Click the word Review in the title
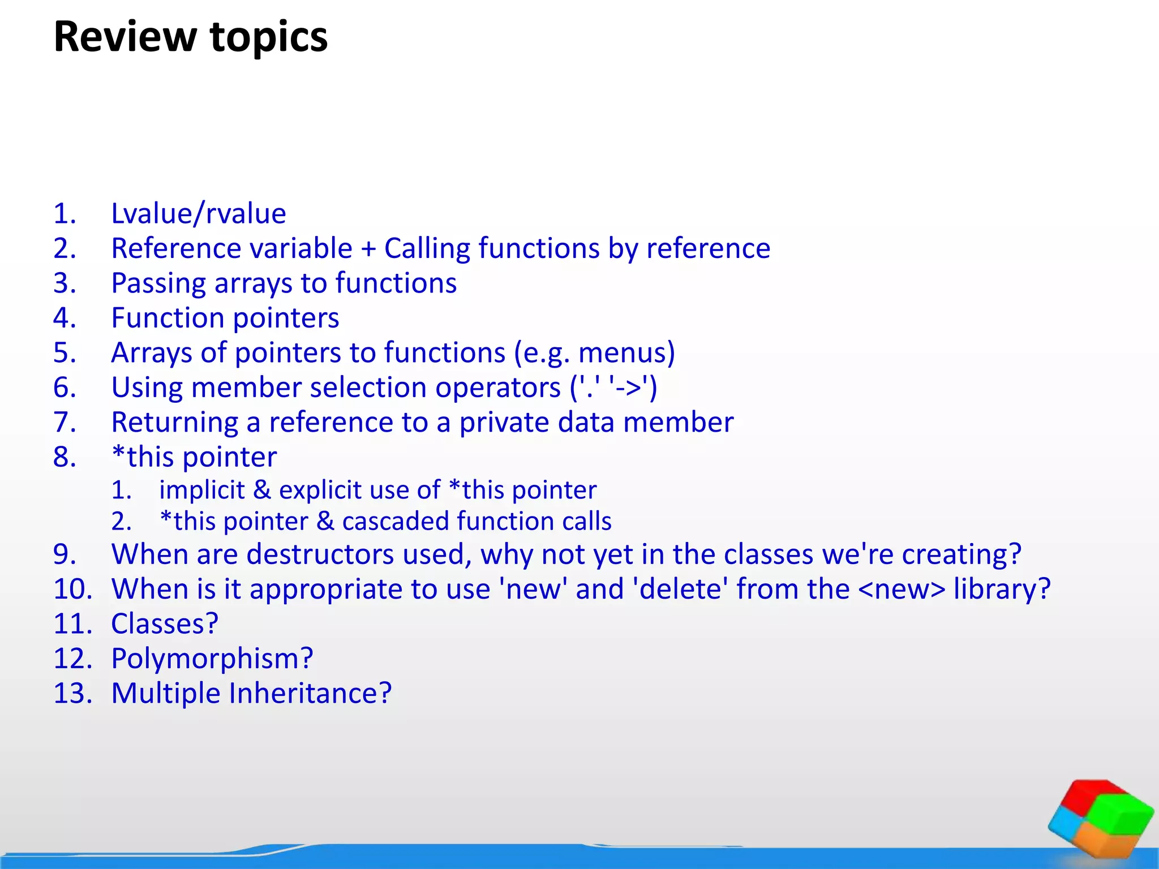tap(124, 37)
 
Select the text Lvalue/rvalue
tap(198, 214)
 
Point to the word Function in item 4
tap(168, 318)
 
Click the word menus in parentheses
tap(622, 353)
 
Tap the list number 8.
tap(65, 457)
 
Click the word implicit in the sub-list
tap(202, 490)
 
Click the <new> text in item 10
tap(902, 589)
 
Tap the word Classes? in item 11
tap(165, 624)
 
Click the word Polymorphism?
tap(212, 659)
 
